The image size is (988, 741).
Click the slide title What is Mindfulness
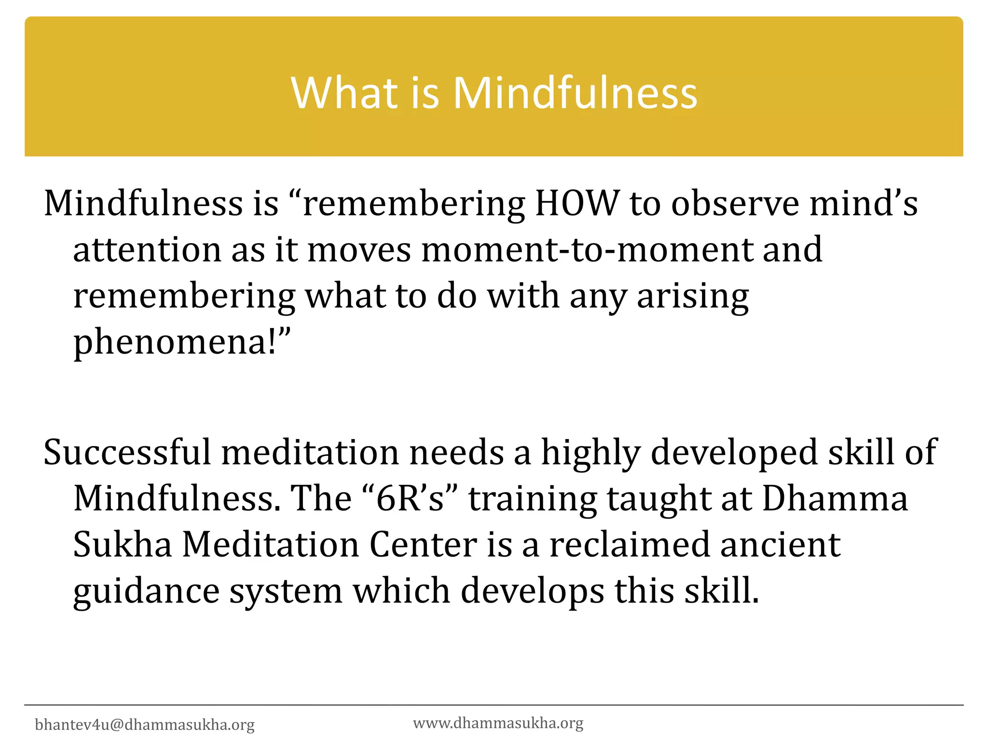[x=494, y=93]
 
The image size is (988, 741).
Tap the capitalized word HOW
[x=577, y=203]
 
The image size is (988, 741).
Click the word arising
[x=693, y=296]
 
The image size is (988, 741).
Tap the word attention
[x=147, y=249]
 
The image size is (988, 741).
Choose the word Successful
[x=127, y=452]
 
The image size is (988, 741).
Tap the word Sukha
[x=123, y=545]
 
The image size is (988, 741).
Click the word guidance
[x=146, y=591]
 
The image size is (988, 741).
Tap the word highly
[x=590, y=452]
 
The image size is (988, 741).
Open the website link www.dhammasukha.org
[x=498, y=723]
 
